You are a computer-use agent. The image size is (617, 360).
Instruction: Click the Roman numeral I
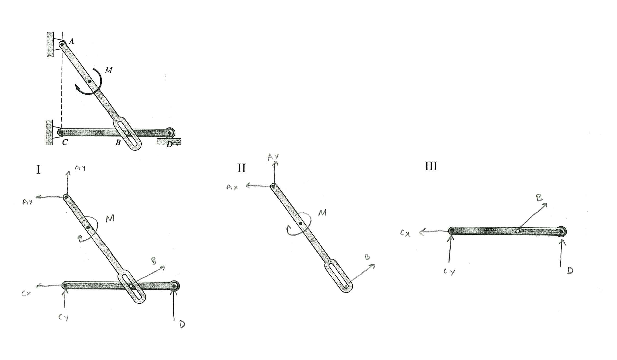click(38, 169)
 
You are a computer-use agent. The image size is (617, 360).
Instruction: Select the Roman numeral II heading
click(241, 168)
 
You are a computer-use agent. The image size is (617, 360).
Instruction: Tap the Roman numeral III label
click(431, 166)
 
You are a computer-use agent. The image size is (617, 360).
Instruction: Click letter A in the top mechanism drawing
click(71, 41)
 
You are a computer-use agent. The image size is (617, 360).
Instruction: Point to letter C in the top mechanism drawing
click(65, 142)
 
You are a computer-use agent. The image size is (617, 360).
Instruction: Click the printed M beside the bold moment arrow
click(108, 70)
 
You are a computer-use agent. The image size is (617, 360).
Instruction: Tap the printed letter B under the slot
click(118, 142)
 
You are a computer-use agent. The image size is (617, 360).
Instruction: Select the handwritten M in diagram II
click(322, 213)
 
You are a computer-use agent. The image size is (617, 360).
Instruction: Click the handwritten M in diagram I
click(110, 218)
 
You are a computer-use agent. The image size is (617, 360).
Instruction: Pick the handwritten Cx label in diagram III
click(405, 233)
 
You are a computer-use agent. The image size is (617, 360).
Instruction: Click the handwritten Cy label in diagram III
click(449, 272)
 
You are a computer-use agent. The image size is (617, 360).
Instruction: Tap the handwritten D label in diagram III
click(570, 270)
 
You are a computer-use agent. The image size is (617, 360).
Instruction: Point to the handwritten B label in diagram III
click(539, 198)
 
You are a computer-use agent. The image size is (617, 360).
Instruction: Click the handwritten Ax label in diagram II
click(232, 187)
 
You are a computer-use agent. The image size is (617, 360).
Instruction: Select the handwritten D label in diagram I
click(182, 325)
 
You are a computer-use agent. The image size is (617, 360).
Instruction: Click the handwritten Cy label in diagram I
click(63, 318)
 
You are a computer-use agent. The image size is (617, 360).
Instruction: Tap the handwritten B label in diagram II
click(367, 257)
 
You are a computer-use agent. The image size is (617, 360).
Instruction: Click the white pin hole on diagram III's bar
click(518, 231)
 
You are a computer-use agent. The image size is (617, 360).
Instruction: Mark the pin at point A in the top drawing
click(62, 44)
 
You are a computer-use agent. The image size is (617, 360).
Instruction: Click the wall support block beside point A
click(50, 44)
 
